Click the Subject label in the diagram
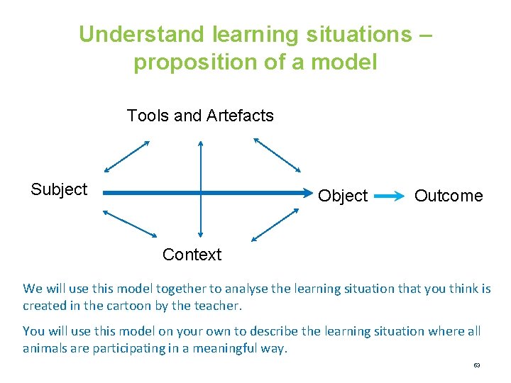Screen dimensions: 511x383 click(59, 189)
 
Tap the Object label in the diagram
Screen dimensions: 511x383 click(343, 196)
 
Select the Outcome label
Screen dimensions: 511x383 click(448, 196)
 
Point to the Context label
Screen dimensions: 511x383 click(192, 255)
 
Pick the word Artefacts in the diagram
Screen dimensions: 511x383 click(240, 116)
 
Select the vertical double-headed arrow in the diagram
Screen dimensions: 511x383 click(201, 188)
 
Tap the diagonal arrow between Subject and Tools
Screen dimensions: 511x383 click(127, 156)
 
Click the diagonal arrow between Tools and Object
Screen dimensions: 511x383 click(277, 155)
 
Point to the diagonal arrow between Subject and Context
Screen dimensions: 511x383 click(130, 223)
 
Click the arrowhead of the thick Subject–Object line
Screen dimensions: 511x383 click(306, 192)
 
